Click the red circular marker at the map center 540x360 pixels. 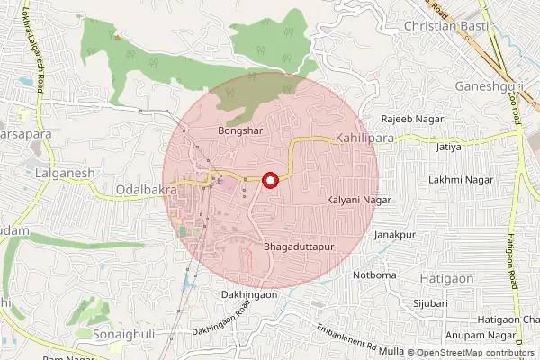[269, 181]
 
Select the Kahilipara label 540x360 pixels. [365, 139]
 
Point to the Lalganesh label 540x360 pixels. [58, 171]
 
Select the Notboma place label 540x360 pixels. [374, 274]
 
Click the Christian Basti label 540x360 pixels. [446, 27]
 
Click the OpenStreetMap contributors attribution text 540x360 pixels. [475, 353]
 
